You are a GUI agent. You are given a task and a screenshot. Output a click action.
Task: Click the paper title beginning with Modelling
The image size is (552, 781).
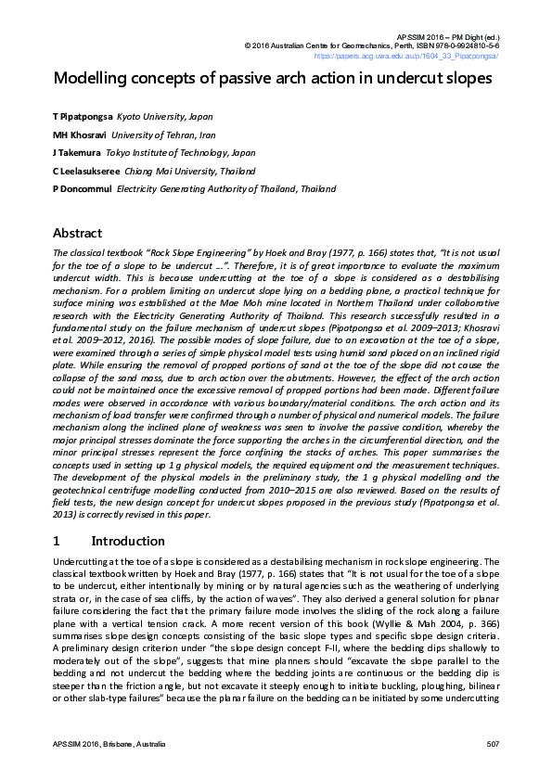[273, 78]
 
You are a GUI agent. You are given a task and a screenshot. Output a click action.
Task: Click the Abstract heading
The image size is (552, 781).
[78, 233]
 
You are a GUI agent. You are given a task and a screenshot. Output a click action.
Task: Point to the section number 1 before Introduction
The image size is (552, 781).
[57, 541]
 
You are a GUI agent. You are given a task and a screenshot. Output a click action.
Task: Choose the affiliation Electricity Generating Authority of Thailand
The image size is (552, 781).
[225, 189]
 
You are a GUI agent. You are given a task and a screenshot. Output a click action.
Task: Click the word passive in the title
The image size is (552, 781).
[240, 78]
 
